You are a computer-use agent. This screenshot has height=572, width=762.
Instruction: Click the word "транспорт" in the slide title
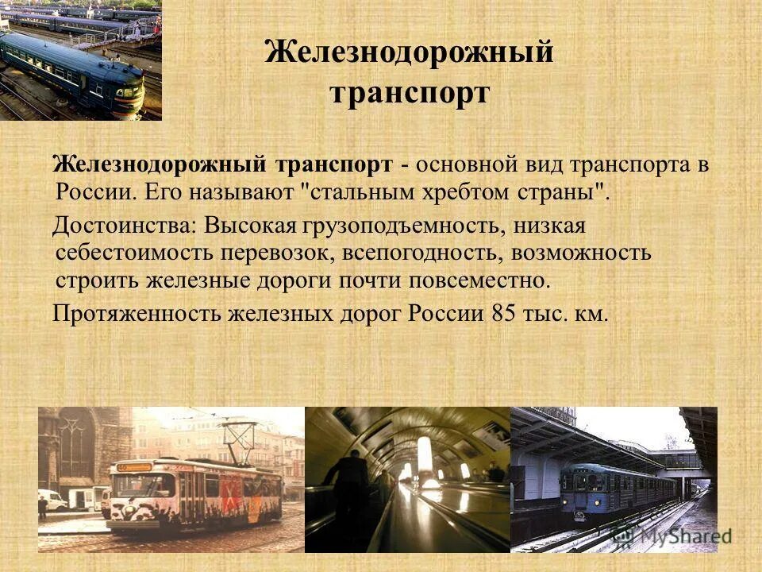click(x=410, y=93)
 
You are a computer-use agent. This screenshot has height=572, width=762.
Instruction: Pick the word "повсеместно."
click(x=480, y=280)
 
